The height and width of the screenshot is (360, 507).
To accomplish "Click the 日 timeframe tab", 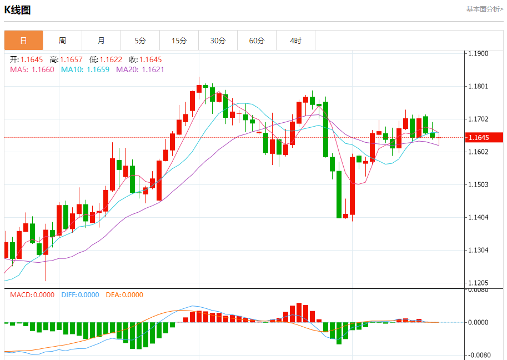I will point(23,41).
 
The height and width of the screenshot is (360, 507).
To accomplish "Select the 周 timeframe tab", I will point(62,41).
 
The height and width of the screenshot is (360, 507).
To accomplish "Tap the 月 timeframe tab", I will point(101,41).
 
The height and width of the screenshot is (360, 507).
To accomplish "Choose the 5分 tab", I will point(140,41).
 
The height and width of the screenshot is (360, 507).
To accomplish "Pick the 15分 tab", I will point(179,41).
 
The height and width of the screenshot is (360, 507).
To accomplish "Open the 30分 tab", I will point(218,41).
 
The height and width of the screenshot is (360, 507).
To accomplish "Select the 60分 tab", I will point(257,41).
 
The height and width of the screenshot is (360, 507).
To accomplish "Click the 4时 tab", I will point(295,41).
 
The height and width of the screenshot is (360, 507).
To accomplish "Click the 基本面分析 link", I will point(484,9).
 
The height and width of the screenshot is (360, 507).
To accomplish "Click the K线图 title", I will point(18,10).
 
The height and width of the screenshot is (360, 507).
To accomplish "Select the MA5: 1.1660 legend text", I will point(32,69).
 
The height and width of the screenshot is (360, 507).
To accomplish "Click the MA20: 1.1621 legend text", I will point(140,69).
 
